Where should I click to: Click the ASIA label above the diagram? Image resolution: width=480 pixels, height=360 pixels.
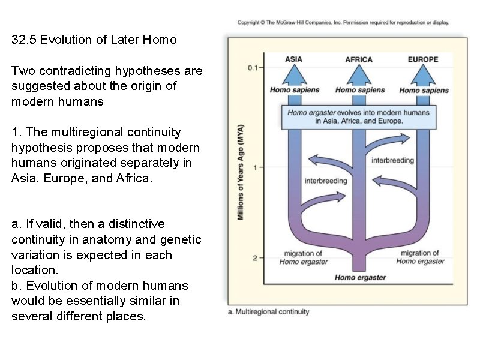coord(293,59)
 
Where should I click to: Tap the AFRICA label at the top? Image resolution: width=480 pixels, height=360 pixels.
coord(359,59)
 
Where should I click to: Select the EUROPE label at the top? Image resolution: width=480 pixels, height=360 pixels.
coord(423,59)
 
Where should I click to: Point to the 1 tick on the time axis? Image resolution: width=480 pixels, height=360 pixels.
coord(256,167)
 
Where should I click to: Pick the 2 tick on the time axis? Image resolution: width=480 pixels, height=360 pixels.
coord(256,258)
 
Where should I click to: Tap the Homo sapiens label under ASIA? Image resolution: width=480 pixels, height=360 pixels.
coord(294,90)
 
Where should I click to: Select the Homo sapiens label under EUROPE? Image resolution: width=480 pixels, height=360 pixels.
coord(424,91)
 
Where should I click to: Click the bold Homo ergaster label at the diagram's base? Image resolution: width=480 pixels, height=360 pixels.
coord(360,277)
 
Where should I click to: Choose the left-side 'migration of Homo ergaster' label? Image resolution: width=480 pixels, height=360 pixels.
coord(304,257)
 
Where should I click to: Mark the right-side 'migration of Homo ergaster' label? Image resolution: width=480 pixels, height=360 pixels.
coord(420,257)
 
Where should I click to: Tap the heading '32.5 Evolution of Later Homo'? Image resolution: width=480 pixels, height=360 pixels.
coord(94,40)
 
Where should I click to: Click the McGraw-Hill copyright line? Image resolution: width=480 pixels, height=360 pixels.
coord(343,23)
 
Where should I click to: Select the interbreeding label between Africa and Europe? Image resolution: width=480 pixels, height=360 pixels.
coord(392,160)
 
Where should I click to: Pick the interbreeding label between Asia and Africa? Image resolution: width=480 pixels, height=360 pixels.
coord(326,181)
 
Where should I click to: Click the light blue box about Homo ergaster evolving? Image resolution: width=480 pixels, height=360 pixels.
coord(358,116)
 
